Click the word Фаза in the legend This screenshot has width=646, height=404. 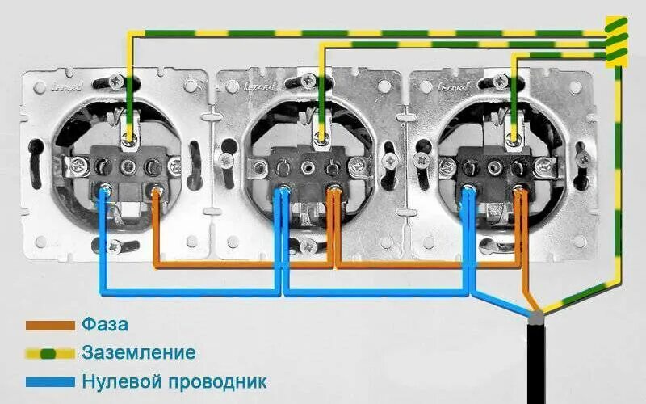pos(104,326)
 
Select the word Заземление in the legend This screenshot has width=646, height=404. pos(138,353)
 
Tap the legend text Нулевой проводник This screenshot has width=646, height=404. pos(174,381)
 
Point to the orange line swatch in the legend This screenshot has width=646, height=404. pos(50,326)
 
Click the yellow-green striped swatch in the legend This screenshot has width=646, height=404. pos(50,353)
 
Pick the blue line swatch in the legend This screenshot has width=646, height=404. pos(50,381)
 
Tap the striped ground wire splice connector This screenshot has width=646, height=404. pos(617,40)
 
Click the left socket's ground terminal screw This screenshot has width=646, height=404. pos(128,142)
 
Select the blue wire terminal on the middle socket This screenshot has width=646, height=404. pos(283,191)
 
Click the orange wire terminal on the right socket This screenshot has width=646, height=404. pos(521,191)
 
